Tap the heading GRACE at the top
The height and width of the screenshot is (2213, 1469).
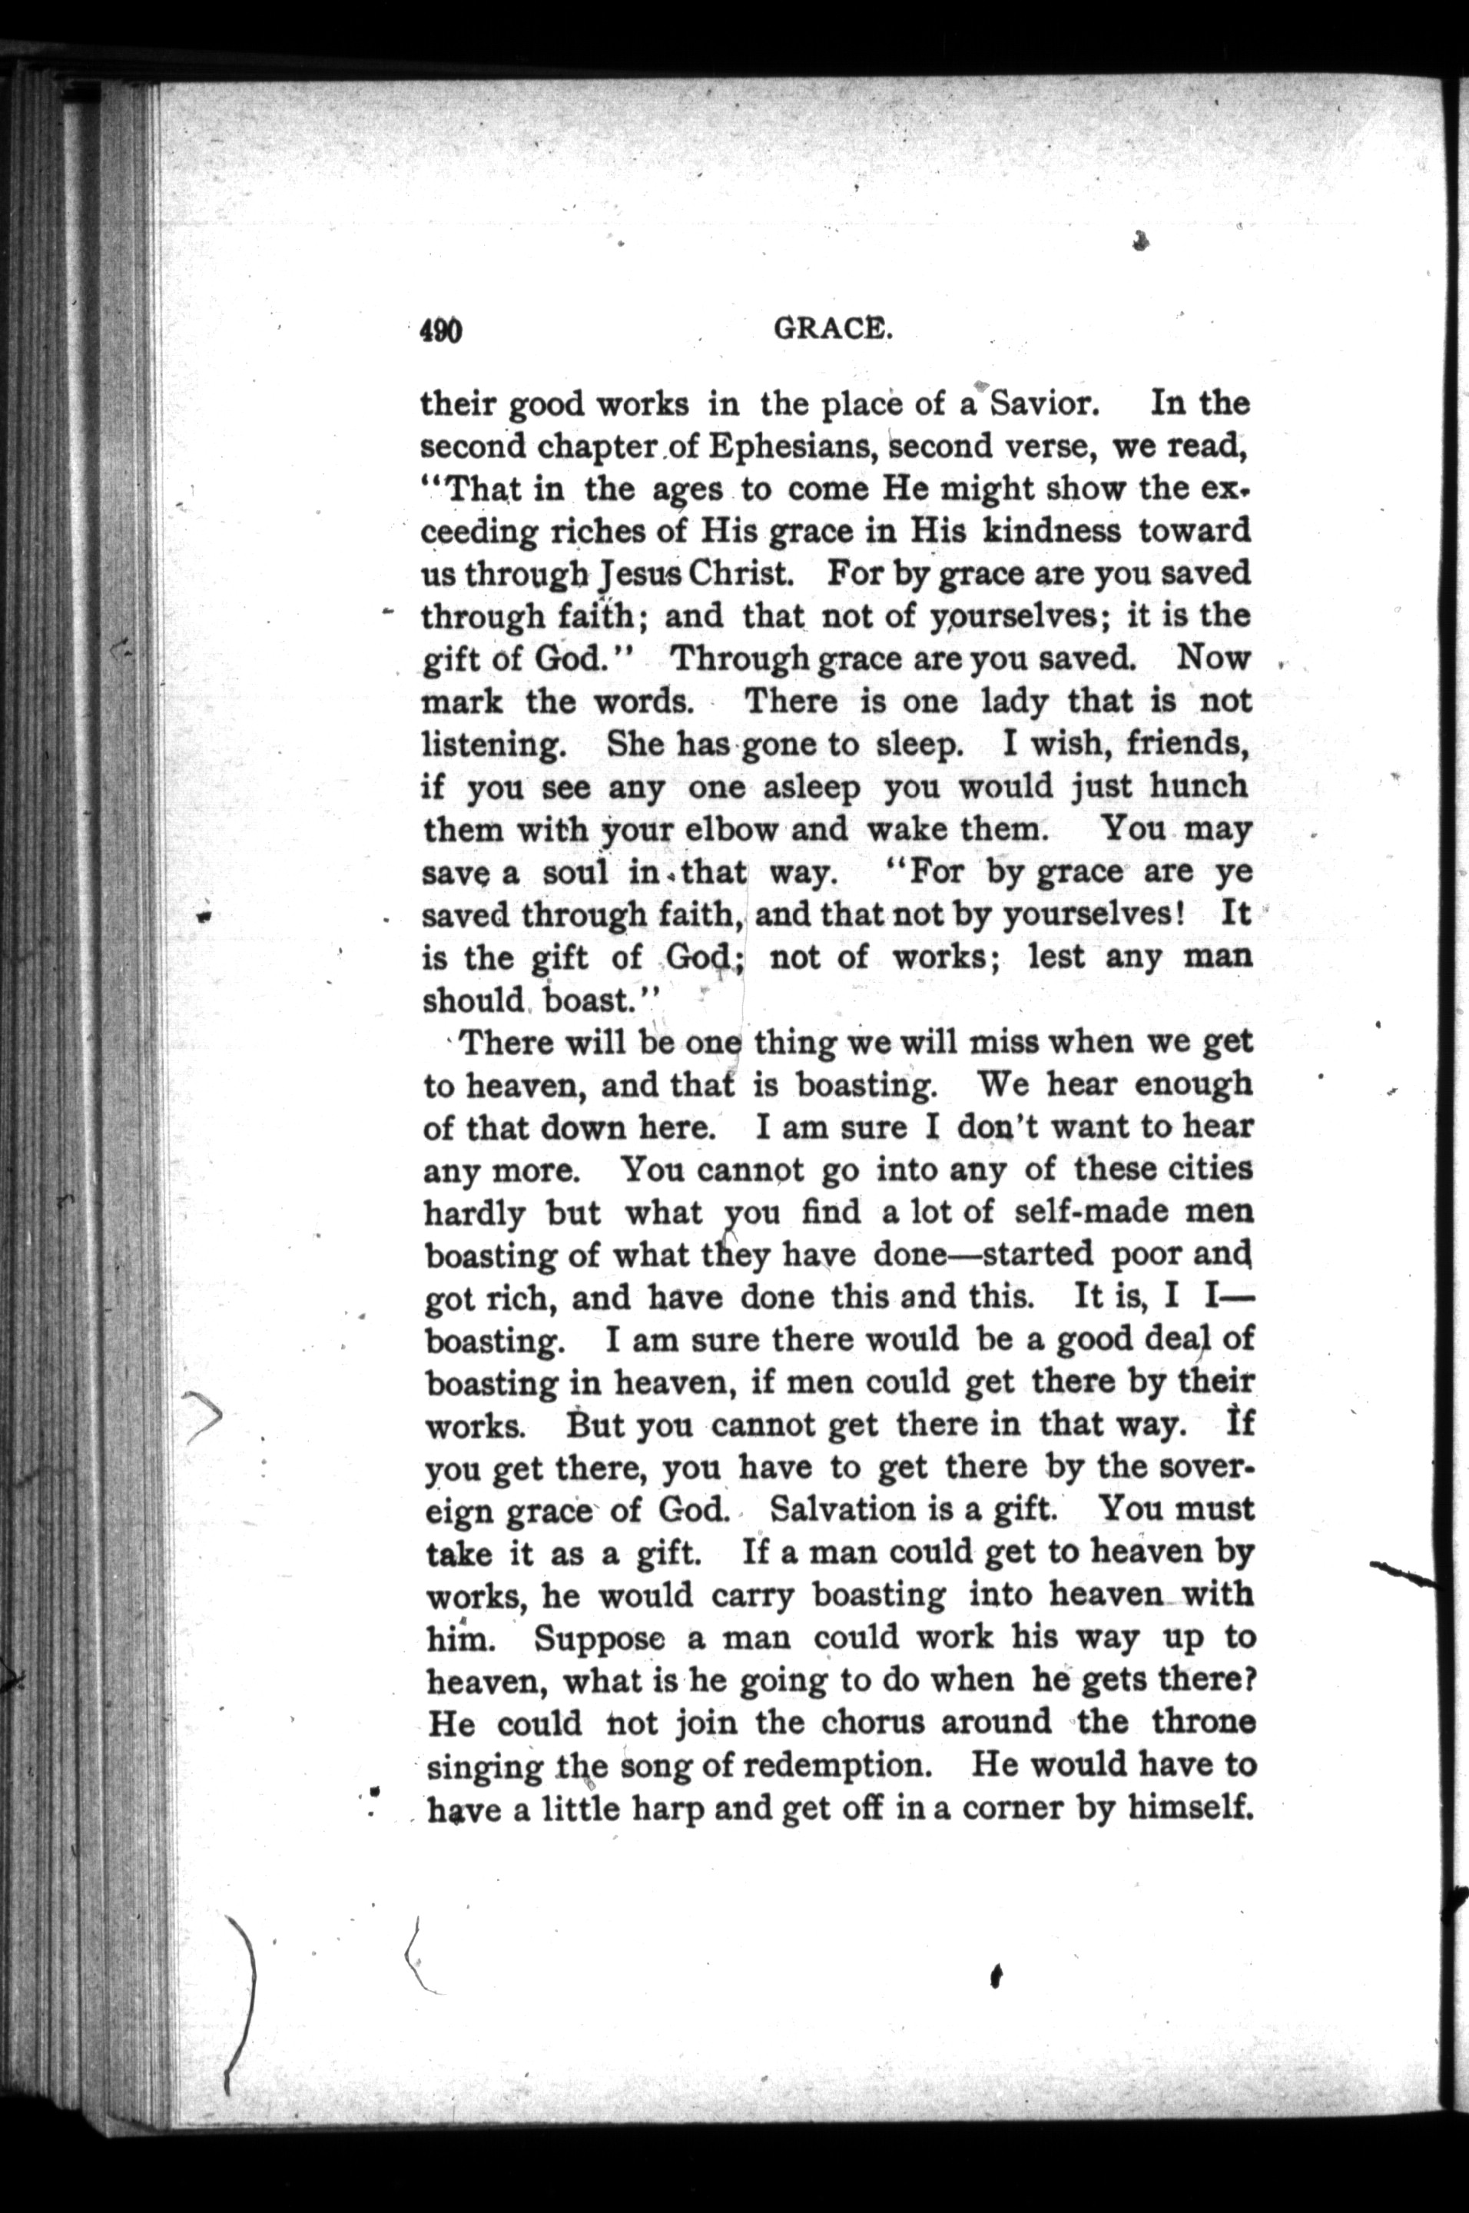[x=830, y=329]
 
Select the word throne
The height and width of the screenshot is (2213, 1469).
[x=1202, y=1723]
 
